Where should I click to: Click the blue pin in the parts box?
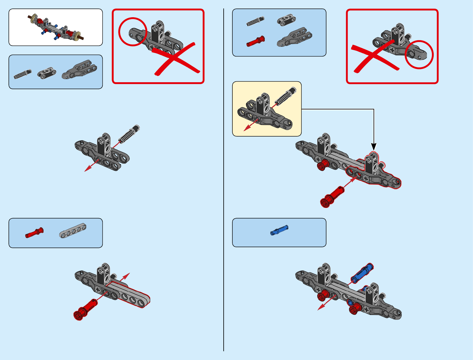[x=279, y=230]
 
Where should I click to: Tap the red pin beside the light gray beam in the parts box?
[x=34, y=233]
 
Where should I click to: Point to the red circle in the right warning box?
[x=419, y=54]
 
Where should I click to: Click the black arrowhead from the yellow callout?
[x=374, y=147]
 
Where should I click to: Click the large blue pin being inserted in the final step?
[x=361, y=273]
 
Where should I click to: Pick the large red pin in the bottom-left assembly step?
[x=86, y=309]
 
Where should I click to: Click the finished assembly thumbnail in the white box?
[x=56, y=27]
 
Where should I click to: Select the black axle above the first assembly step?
[x=129, y=133]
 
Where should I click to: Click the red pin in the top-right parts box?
[x=255, y=41]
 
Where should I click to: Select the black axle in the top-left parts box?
[x=22, y=74]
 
